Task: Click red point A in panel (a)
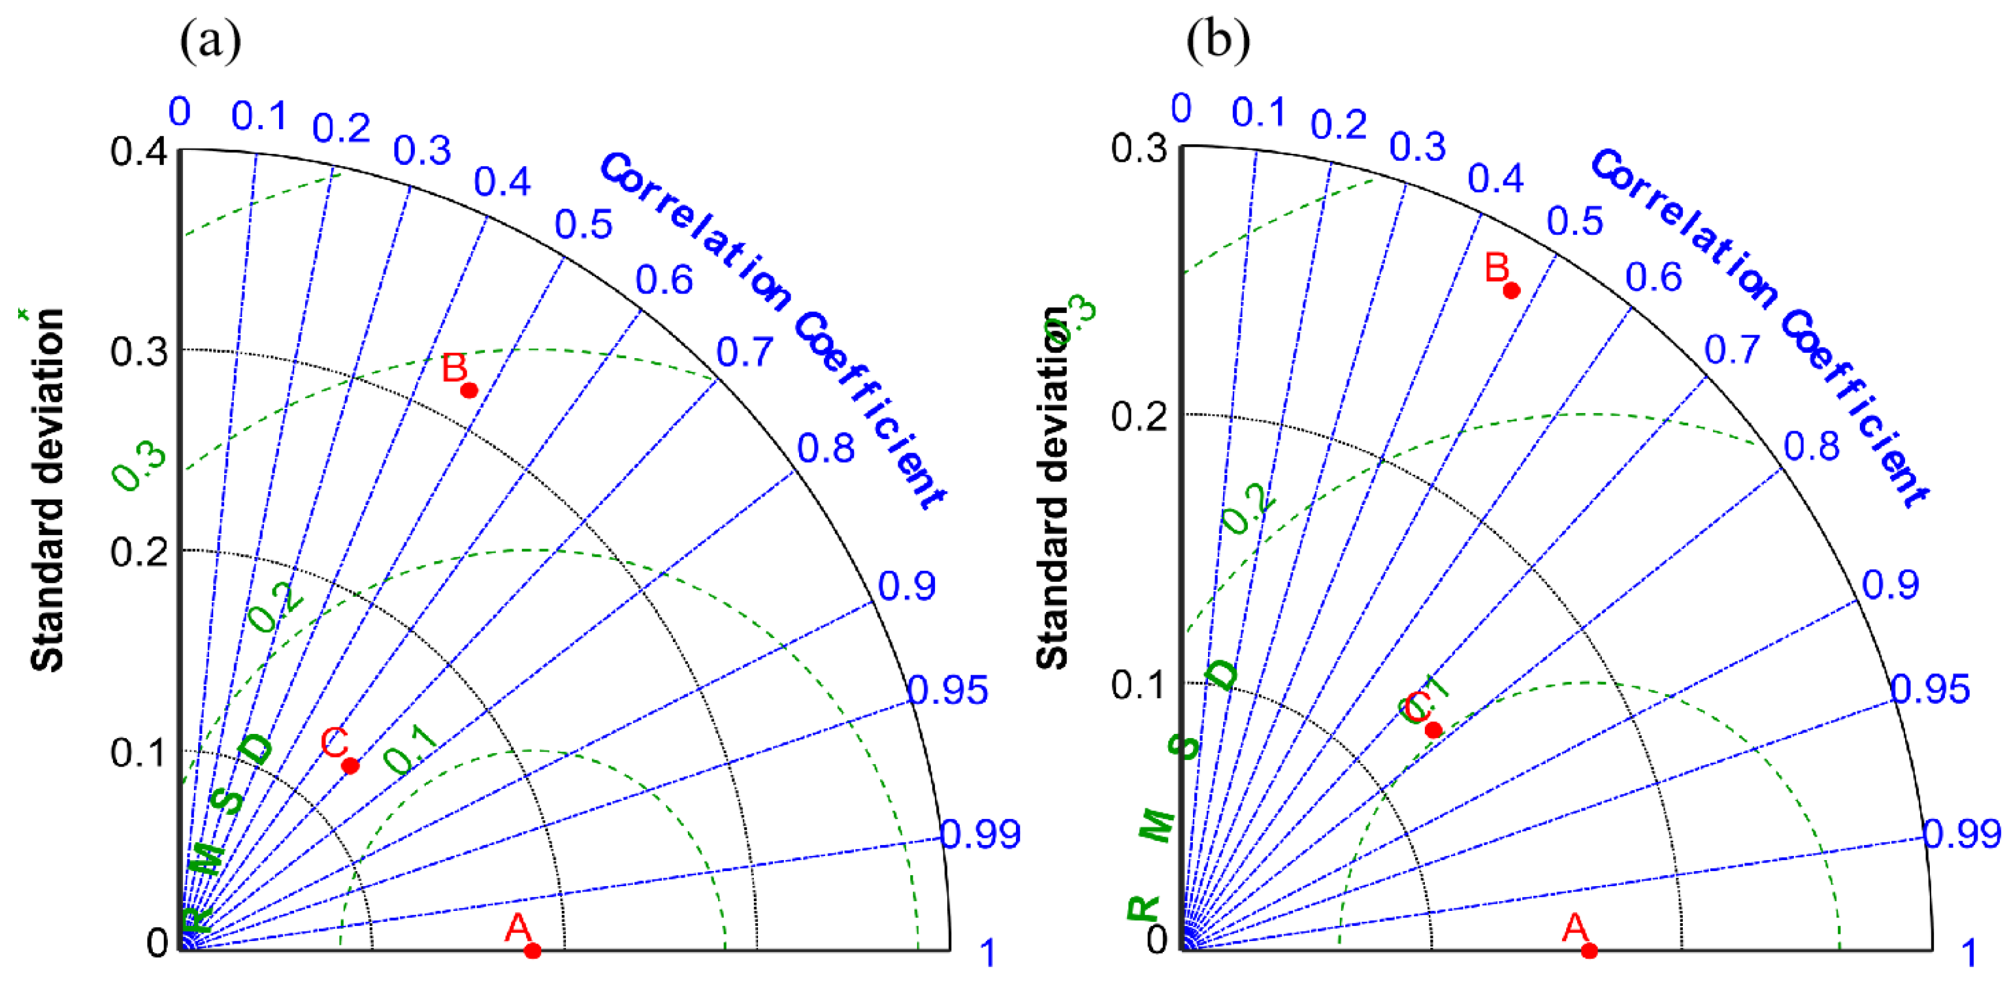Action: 533,950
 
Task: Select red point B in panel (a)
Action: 469,390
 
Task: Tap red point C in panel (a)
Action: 351,766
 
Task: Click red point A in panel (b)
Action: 1589,950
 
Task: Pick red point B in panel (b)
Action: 1511,291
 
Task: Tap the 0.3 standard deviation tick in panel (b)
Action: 1140,147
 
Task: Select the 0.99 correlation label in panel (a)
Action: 980,835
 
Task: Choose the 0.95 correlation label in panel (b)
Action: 1930,689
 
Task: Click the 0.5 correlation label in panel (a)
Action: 583,225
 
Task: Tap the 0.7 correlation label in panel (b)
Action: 1732,350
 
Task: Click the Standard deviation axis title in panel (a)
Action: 48,490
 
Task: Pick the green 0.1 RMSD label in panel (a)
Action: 411,749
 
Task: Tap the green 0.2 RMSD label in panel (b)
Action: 1247,509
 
